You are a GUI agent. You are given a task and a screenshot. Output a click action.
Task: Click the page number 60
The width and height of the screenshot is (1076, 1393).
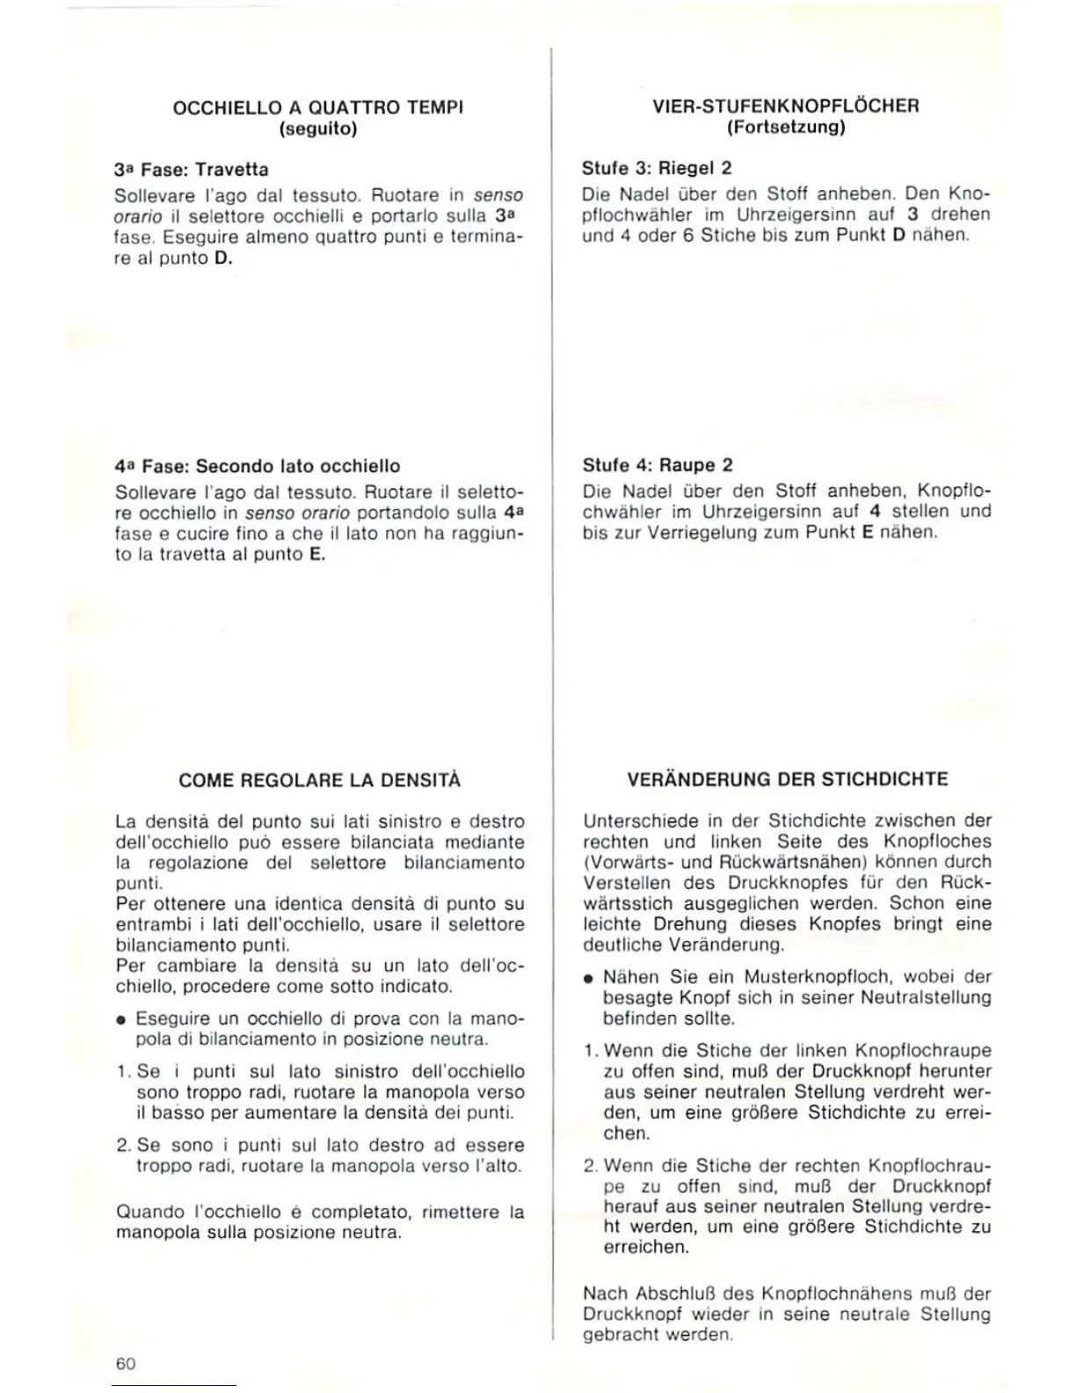(126, 1363)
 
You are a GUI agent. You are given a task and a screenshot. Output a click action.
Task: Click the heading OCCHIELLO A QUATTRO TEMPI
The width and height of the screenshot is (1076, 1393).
(318, 107)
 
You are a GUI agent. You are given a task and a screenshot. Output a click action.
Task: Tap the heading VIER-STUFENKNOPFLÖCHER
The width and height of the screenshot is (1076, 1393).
(786, 106)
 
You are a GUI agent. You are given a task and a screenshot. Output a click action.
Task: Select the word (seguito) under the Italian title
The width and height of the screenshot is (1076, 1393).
(318, 128)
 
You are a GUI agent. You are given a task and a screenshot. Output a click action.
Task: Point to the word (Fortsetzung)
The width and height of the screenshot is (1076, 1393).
(786, 128)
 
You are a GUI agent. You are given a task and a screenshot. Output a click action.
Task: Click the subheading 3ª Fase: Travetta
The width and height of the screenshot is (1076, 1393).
(192, 169)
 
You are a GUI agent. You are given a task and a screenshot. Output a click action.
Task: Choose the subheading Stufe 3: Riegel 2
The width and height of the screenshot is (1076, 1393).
(657, 167)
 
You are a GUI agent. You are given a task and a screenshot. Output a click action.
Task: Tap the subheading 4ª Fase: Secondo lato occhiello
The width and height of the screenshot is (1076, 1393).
(258, 466)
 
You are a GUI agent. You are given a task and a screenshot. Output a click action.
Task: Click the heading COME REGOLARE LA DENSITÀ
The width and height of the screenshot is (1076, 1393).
(319, 780)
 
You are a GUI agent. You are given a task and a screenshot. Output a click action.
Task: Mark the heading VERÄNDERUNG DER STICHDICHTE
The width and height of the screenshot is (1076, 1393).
(788, 779)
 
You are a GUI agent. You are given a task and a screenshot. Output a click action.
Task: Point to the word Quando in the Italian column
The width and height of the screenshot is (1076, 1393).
(144, 1212)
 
